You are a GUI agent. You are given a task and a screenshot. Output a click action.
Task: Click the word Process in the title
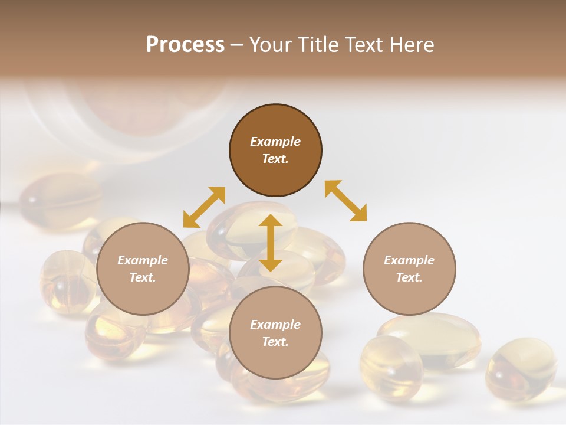click(x=185, y=45)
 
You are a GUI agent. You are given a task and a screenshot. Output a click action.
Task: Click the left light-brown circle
click(x=143, y=269)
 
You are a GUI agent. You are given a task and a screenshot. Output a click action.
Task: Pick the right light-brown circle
click(x=409, y=269)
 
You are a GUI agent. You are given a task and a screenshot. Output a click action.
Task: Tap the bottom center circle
click(x=275, y=333)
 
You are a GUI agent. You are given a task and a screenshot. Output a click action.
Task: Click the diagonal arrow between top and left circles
click(x=204, y=207)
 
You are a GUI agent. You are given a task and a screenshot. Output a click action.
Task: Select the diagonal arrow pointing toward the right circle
click(x=345, y=201)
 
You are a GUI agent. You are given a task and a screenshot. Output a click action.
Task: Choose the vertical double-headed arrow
click(x=271, y=243)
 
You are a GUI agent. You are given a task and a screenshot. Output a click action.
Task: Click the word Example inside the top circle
click(x=275, y=142)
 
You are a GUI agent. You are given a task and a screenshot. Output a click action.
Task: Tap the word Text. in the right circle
click(x=409, y=277)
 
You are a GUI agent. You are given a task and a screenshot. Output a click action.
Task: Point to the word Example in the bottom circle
click(x=275, y=325)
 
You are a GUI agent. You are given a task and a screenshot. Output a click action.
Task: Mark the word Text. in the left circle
click(x=143, y=277)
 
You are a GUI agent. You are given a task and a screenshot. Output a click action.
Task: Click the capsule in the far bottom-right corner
click(x=521, y=369)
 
